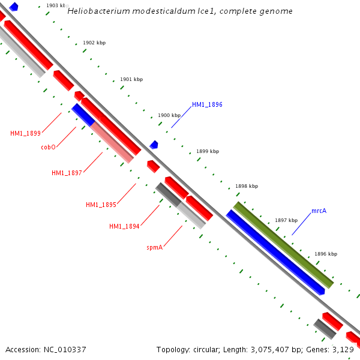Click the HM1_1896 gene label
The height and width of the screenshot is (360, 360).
point(207,104)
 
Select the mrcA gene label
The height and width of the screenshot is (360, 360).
point(319,211)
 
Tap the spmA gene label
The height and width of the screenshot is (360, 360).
point(155,247)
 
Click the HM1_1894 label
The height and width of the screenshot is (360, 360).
point(124,226)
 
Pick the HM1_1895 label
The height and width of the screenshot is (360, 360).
point(101,205)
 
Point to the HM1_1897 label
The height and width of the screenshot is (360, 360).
point(67,173)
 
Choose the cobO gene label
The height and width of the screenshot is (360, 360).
point(49,147)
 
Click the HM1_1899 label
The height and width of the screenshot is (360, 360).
point(25,133)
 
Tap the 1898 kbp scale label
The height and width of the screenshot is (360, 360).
point(247,186)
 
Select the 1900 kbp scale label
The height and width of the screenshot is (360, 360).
point(169,115)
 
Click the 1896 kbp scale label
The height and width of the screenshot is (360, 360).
point(326,254)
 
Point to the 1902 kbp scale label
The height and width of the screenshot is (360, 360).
point(94,43)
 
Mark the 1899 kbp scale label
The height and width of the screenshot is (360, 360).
point(208,151)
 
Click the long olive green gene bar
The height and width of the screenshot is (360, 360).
point(283,245)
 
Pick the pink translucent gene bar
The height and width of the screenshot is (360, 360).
point(112,142)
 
